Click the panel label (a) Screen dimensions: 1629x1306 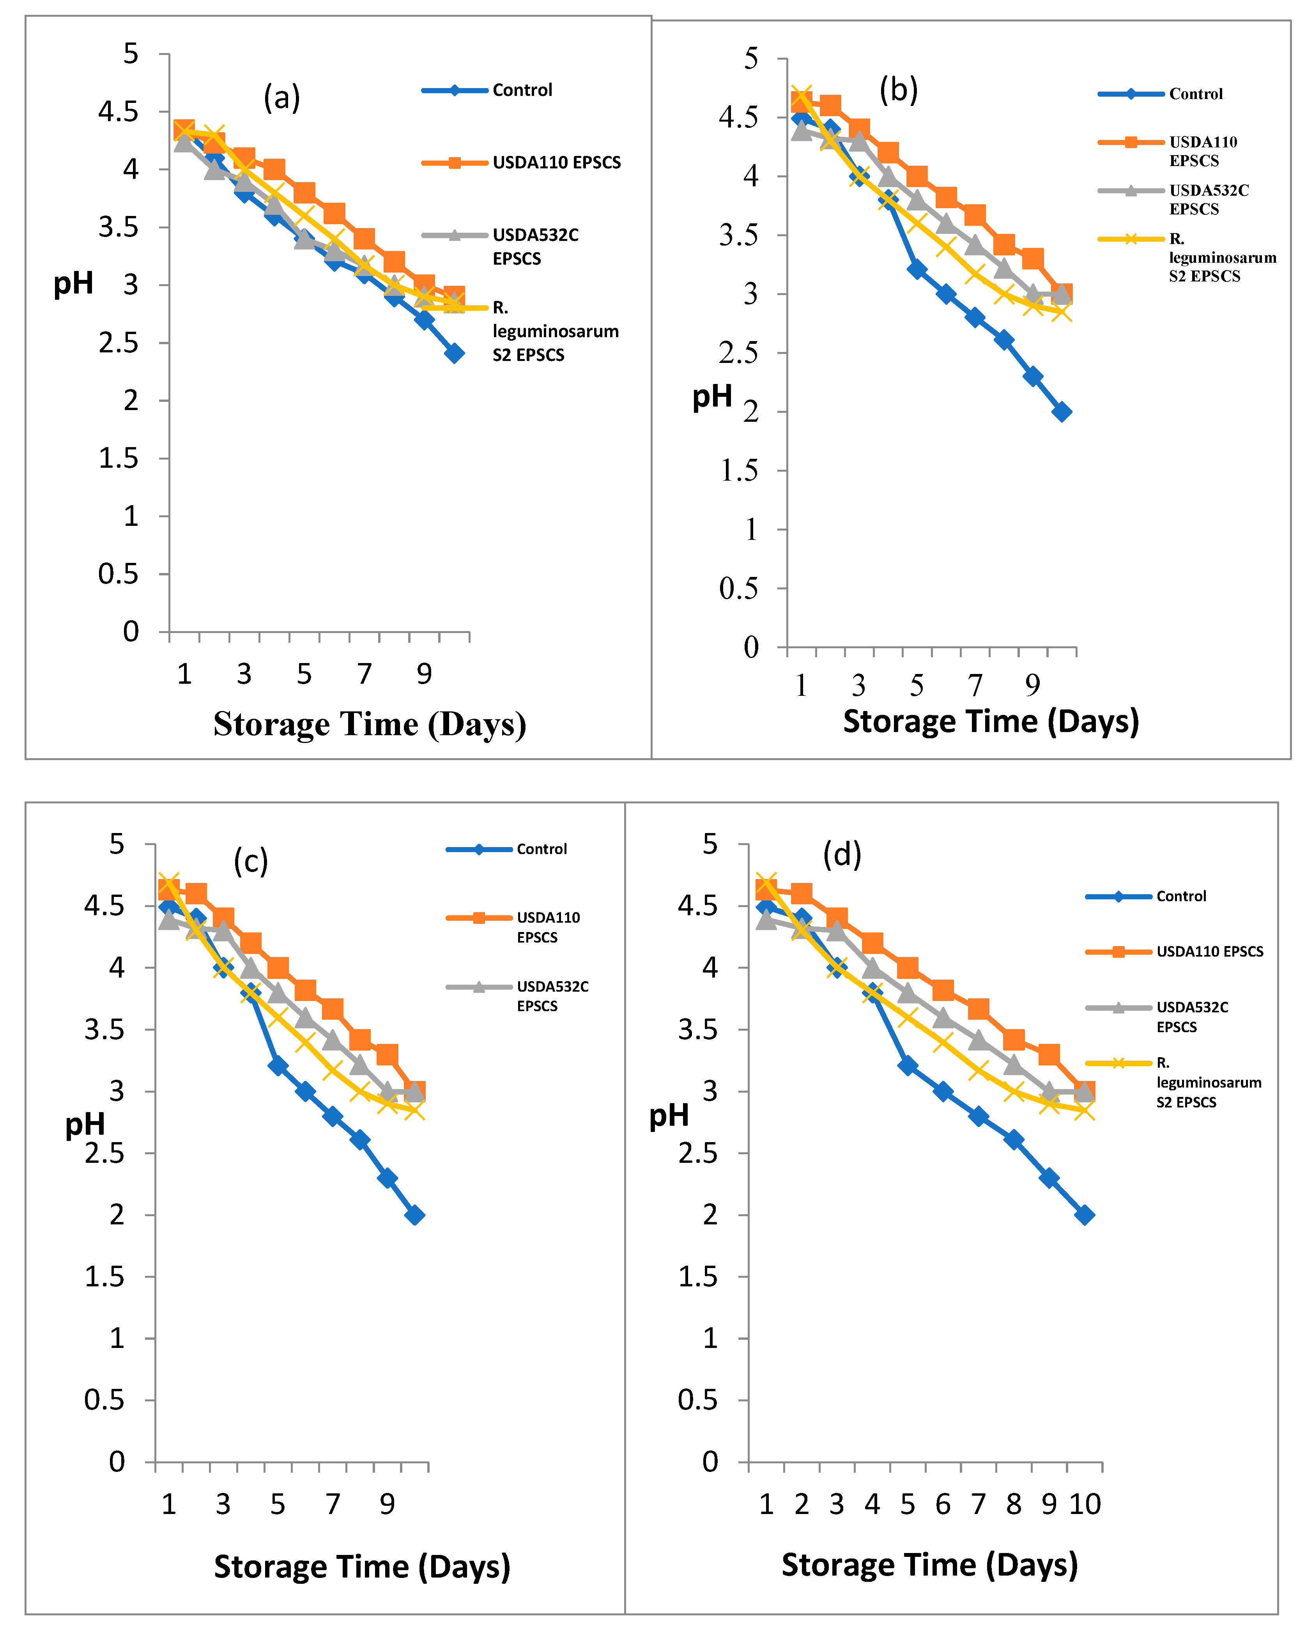[x=282, y=98]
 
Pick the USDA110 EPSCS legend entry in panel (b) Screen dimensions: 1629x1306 [x=1202, y=151]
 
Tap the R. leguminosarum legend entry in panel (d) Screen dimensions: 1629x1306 [x=1208, y=1083]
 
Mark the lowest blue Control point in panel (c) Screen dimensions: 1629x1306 [x=414, y=1215]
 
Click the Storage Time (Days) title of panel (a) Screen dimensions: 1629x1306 [x=370, y=724]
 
